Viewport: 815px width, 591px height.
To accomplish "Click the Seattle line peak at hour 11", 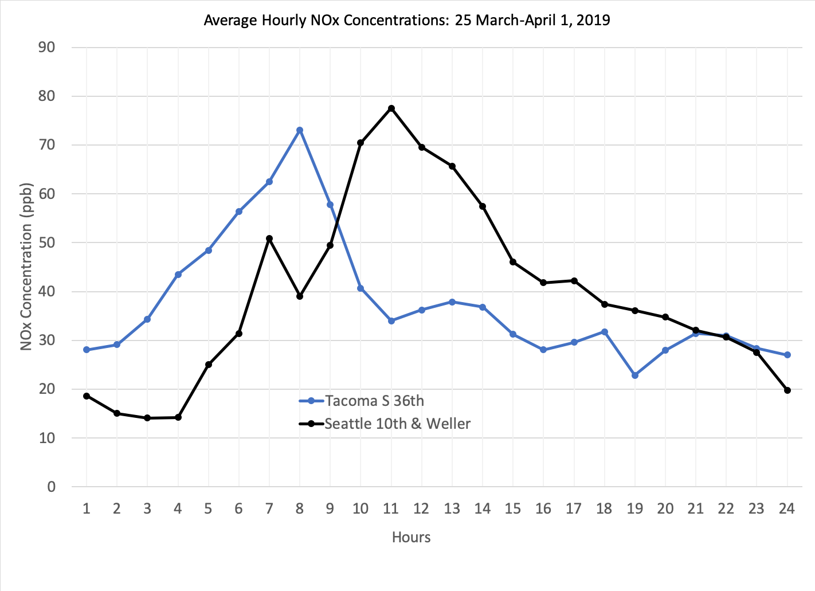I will click(391, 108).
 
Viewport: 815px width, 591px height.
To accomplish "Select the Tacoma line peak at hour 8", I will click(300, 130).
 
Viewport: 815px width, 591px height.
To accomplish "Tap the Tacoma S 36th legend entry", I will click(374, 401).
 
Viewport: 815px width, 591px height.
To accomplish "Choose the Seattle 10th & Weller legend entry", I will click(397, 424).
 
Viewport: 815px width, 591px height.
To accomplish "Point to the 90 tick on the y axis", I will click(47, 47).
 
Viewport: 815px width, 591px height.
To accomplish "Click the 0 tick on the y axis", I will click(52, 487).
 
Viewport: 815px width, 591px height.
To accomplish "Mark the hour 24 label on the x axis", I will click(787, 508).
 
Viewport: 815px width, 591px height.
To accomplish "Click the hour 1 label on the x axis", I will click(87, 508).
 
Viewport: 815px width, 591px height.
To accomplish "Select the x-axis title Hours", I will click(411, 537).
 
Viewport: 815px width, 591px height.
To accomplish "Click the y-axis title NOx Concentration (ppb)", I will click(26, 267).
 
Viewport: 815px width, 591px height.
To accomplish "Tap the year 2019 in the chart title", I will click(593, 21).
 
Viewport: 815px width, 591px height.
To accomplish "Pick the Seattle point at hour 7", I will click(269, 238).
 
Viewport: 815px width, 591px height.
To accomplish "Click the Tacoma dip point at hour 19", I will click(635, 375).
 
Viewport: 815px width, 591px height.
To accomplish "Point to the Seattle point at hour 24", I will click(787, 390).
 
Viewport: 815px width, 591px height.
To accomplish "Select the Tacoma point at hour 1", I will click(87, 350).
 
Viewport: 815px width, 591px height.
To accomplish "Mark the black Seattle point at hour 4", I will click(178, 417).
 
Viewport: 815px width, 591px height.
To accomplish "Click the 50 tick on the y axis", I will click(47, 242).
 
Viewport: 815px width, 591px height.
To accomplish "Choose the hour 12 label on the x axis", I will click(421, 508).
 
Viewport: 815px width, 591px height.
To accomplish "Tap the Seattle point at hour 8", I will click(300, 296).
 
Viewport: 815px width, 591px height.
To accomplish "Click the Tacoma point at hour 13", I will click(452, 302).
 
